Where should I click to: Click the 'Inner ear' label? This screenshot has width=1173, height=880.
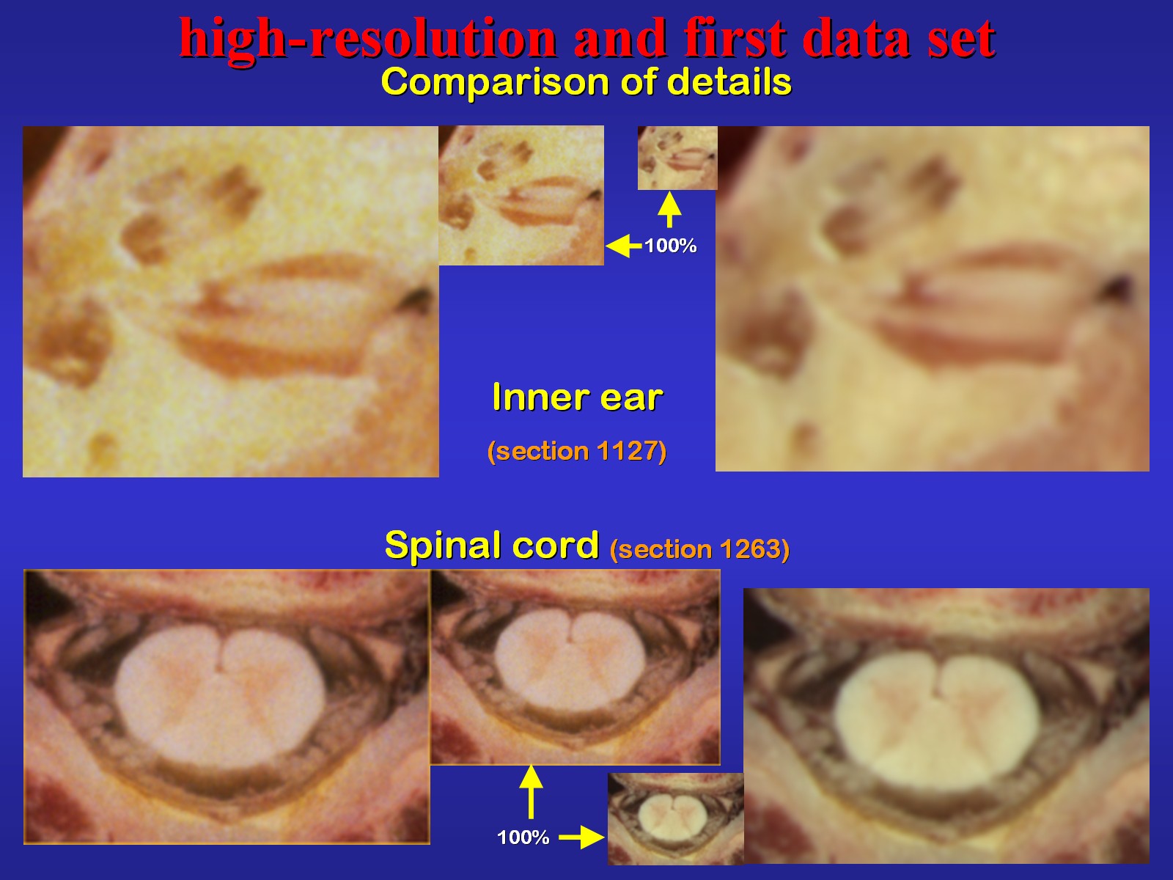577,397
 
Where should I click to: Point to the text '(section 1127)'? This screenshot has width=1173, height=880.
577,452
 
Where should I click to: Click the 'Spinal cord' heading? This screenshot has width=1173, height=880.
492,545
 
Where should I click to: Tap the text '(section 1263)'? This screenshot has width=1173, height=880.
699,549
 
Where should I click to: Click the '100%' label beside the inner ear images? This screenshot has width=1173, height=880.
671,246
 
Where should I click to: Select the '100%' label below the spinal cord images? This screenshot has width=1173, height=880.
523,837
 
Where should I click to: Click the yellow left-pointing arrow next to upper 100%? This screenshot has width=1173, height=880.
624,246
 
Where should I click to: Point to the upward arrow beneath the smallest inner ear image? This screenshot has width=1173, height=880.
669,210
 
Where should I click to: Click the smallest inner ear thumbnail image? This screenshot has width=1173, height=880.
677,158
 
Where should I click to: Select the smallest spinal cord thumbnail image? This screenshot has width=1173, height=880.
675,818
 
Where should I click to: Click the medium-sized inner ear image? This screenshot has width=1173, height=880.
521,196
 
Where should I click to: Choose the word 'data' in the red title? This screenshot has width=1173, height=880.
856,38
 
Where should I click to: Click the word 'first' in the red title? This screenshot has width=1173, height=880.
735,37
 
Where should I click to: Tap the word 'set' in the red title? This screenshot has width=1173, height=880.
961,40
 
